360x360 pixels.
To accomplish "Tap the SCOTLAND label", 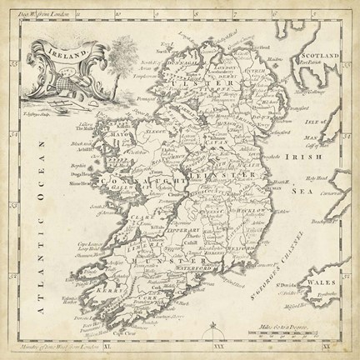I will tap(318, 53).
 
